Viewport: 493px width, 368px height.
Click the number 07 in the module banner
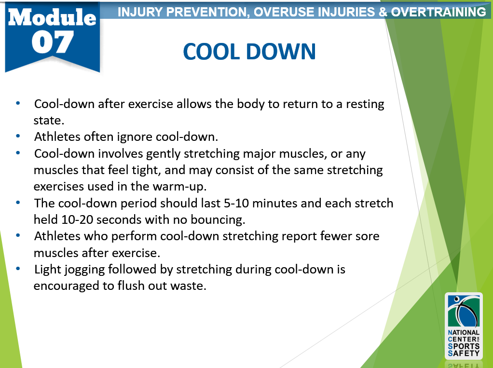click(x=53, y=42)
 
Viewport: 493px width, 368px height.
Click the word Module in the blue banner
click(x=52, y=17)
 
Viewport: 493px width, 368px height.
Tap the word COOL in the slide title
click(x=211, y=52)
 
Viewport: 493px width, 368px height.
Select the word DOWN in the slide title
click(x=281, y=52)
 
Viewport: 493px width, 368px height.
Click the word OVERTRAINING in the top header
click(x=438, y=12)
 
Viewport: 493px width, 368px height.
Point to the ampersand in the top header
click(x=383, y=12)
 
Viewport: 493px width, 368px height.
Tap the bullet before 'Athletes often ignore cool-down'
click(x=18, y=136)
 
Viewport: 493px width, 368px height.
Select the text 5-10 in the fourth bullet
click(x=236, y=204)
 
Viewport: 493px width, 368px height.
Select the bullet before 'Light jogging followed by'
click(x=18, y=269)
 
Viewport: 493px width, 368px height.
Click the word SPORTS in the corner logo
click(x=464, y=346)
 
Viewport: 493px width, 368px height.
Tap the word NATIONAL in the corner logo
click(x=464, y=332)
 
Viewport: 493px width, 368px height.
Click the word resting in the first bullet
click(x=365, y=104)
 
